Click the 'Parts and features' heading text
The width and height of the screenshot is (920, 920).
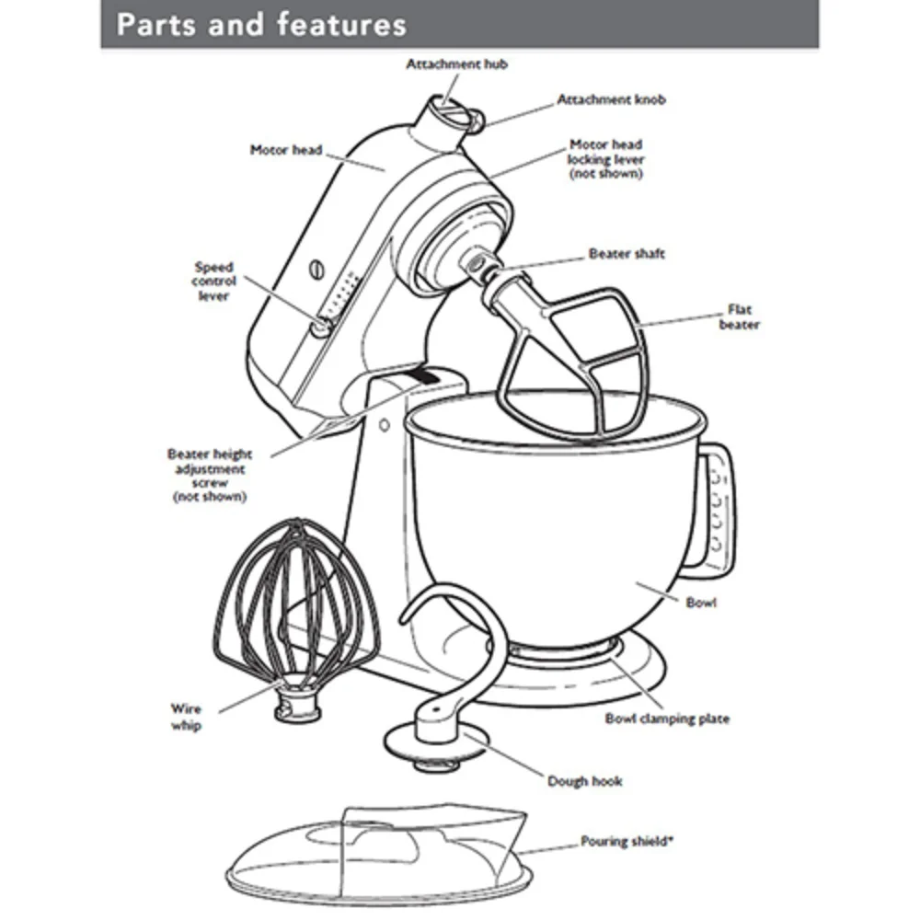(x=261, y=24)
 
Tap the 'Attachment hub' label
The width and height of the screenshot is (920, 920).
(x=457, y=64)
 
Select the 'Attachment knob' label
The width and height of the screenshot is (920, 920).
(x=611, y=99)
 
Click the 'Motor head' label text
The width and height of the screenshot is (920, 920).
(x=286, y=149)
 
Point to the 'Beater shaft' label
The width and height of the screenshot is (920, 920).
(x=627, y=254)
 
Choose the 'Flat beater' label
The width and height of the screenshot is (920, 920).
(x=739, y=316)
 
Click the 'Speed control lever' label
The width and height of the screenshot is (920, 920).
(x=213, y=282)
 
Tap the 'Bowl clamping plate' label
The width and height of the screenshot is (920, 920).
(x=667, y=719)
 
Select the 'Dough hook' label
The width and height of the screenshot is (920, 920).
(x=585, y=781)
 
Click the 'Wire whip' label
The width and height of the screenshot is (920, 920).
(x=186, y=717)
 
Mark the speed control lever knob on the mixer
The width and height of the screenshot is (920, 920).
(x=319, y=325)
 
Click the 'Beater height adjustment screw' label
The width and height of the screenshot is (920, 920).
(x=210, y=475)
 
